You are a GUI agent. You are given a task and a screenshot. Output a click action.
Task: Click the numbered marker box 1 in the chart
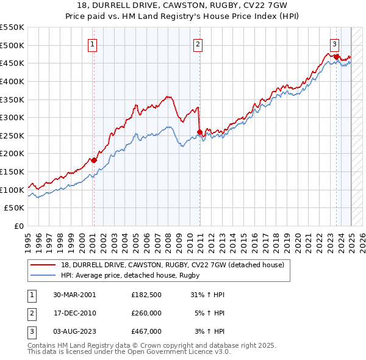tap(92, 44)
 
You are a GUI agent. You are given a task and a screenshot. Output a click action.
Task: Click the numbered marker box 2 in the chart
tap(199, 44)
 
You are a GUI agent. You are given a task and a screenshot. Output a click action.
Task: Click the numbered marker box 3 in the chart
tap(335, 44)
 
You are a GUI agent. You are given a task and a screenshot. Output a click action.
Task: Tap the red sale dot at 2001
tap(94, 160)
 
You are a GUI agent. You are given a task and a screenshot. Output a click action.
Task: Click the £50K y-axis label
tap(15, 207)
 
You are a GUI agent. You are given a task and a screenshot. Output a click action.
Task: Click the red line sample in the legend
tap(43, 265)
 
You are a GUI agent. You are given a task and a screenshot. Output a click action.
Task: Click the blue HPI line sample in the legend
tap(43, 276)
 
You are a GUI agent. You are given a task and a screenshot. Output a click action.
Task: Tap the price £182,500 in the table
tap(146, 294)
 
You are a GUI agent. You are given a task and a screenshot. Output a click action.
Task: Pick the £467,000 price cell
tap(146, 331)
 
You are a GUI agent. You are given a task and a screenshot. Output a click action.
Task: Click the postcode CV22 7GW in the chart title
tap(275, 5)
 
